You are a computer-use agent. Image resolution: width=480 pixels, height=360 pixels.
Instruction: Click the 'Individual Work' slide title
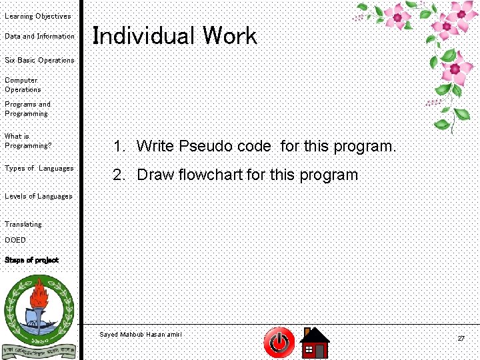point(174,36)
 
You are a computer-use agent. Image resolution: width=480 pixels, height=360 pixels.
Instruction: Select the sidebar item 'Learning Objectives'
point(37,16)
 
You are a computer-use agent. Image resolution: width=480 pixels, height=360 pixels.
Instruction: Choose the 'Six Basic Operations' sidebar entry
point(39,60)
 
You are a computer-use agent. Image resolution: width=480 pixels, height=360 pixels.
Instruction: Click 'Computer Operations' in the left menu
point(23,85)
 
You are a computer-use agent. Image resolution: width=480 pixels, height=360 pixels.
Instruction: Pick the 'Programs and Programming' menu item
point(27,109)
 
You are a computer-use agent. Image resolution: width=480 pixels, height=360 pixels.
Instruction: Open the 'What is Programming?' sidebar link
point(27,141)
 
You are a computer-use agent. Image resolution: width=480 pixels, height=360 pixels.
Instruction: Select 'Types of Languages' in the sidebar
point(39,168)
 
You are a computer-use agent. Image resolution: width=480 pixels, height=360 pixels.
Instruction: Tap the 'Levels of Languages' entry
point(38,196)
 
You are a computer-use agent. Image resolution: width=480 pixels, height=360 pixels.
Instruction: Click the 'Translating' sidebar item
point(23,224)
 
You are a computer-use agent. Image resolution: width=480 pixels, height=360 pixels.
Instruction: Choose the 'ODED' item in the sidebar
point(15,240)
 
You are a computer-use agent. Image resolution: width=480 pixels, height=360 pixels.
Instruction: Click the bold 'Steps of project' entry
point(31,260)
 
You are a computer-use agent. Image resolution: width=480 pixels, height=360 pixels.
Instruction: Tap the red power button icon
point(279,343)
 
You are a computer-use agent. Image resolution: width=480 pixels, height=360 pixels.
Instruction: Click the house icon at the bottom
point(315,343)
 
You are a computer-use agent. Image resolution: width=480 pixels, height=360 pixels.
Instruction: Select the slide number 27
point(461,339)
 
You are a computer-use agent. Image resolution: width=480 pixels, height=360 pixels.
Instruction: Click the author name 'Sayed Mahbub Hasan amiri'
point(140,334)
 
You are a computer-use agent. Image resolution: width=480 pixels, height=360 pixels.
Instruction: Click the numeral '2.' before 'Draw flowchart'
point(119,175)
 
